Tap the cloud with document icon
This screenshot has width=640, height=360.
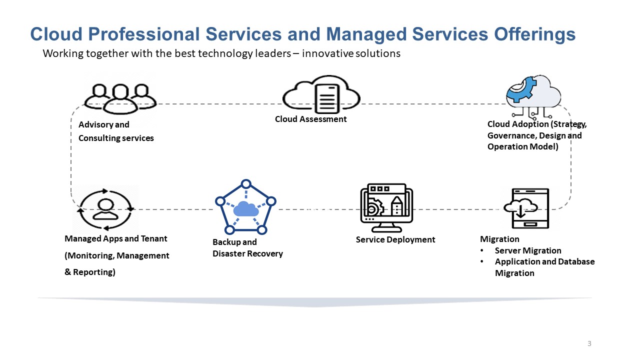click(321, 94)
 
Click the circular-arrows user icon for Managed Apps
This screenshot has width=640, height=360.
click(105, 208)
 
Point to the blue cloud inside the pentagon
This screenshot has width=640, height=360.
click(245, 208)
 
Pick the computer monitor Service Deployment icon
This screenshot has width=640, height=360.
click(386, 207)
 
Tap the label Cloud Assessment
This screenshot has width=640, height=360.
click(310, 119)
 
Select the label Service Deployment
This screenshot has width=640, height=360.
click(395, 239)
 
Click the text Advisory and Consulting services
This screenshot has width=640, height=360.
click(116, 131)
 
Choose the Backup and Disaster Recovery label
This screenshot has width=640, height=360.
click(247, 248)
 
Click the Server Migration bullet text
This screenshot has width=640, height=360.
click(528, 250)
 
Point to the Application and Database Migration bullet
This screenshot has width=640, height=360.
click(544, 267)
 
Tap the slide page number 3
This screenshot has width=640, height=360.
click(589, 343)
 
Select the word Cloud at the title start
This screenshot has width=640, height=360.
click(56, 34)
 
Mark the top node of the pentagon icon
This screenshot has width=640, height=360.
click(245, 184)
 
